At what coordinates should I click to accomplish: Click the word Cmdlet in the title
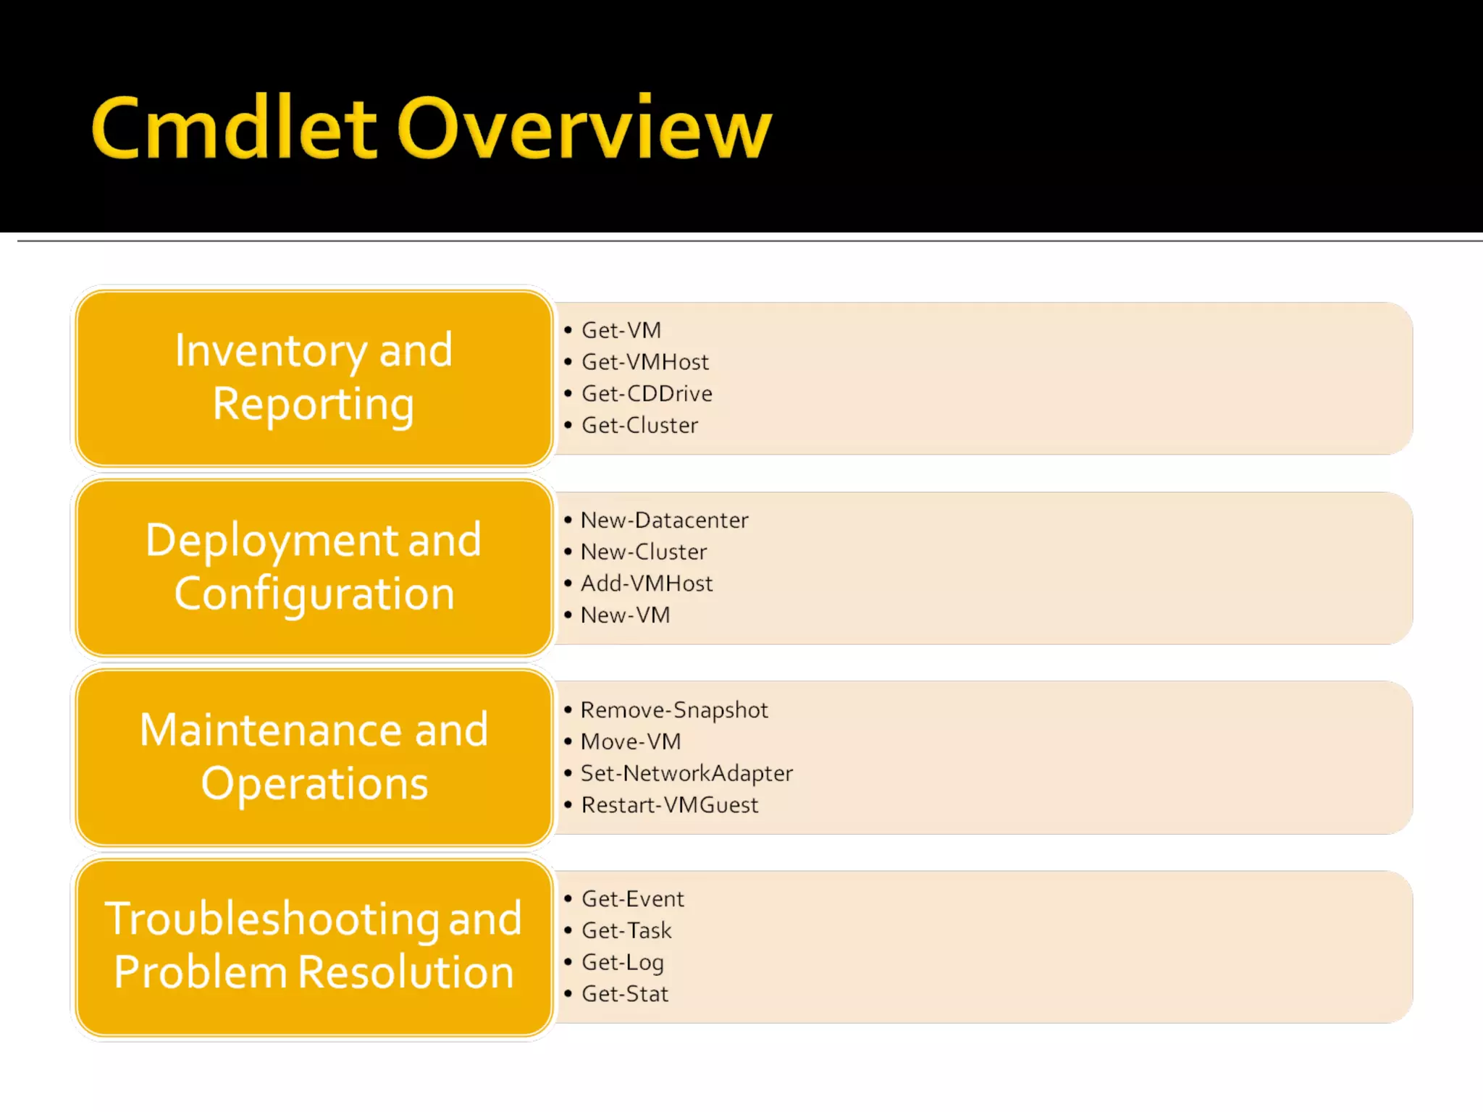pos(233,128)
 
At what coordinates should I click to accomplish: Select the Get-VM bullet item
pos(621,330)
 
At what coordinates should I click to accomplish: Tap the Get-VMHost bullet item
pos(645,362)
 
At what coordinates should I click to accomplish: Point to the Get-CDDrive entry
pos(647,394)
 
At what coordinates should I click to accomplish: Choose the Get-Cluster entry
pos(639,426)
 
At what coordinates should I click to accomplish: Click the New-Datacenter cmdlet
pos(664,521)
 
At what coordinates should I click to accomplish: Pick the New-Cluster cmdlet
pos(644,552)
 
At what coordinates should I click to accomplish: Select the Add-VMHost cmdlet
pos(647,584)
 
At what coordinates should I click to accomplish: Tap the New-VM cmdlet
pos(626,615)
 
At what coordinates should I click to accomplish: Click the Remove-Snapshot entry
pos(674,710)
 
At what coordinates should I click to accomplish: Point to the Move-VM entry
pos(631,742)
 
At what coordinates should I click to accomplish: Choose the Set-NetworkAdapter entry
pos(686,774)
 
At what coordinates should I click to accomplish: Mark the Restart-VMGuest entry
pos(670,805)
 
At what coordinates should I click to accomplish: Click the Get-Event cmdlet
pos(633,899)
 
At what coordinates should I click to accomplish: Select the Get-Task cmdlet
pos(626,931)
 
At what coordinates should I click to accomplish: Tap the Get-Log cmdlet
pos(623,963)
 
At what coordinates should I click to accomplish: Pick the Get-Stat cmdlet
pos(625,994)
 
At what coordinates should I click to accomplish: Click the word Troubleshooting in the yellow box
pos(272,919)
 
